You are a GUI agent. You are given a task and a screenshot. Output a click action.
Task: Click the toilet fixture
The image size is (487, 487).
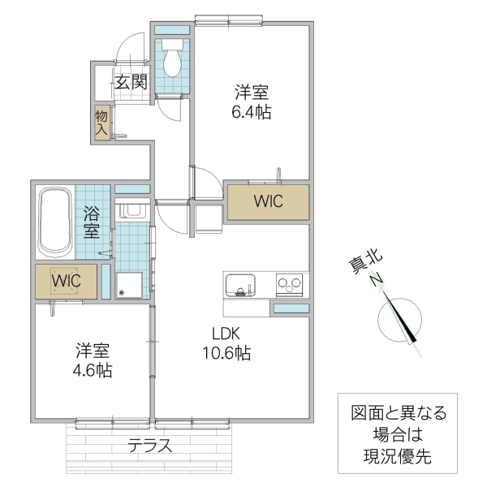(x=172, y=59)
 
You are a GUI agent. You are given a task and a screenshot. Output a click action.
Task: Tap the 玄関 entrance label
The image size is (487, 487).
(x=130, y=81)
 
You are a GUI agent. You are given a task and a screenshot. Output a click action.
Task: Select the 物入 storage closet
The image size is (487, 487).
(x=102, y=123)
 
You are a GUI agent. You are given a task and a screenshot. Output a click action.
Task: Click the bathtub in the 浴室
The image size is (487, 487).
(x=55, y=221)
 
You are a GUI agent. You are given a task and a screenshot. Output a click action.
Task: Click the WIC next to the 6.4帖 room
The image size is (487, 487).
(x=268, y=202)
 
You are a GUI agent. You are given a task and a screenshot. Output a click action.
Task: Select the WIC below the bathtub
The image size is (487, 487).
(x=66, y=281)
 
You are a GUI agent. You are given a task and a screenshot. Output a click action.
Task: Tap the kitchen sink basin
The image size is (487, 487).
(x=239, y=285)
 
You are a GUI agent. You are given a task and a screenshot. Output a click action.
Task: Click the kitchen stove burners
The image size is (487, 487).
(x=289, y=285)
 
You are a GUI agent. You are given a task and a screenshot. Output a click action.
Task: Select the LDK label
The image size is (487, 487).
(x=226, y=334)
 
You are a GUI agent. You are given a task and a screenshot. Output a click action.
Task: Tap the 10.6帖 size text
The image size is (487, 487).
(x=226, y=353)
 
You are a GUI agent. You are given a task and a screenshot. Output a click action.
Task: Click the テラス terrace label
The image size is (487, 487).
(x=149, y=445)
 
